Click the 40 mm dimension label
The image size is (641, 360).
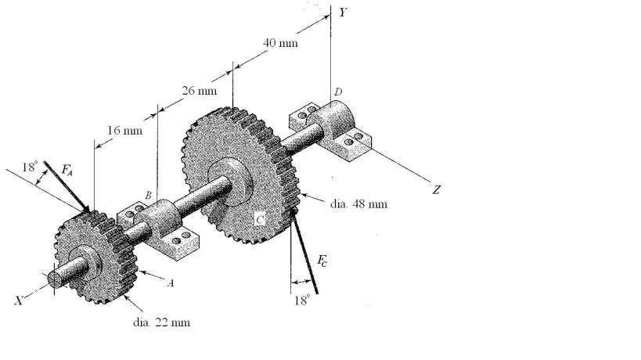(x=280, y=43)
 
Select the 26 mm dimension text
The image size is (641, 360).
(x=200, y=92)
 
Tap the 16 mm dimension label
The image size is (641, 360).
(x=124, y=130)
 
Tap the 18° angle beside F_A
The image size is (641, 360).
(x=29, y=167)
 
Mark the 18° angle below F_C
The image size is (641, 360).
(x=302, y=299)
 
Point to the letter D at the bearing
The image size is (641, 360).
(x=338, y=92)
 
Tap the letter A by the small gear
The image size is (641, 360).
(x=170, y=283)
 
